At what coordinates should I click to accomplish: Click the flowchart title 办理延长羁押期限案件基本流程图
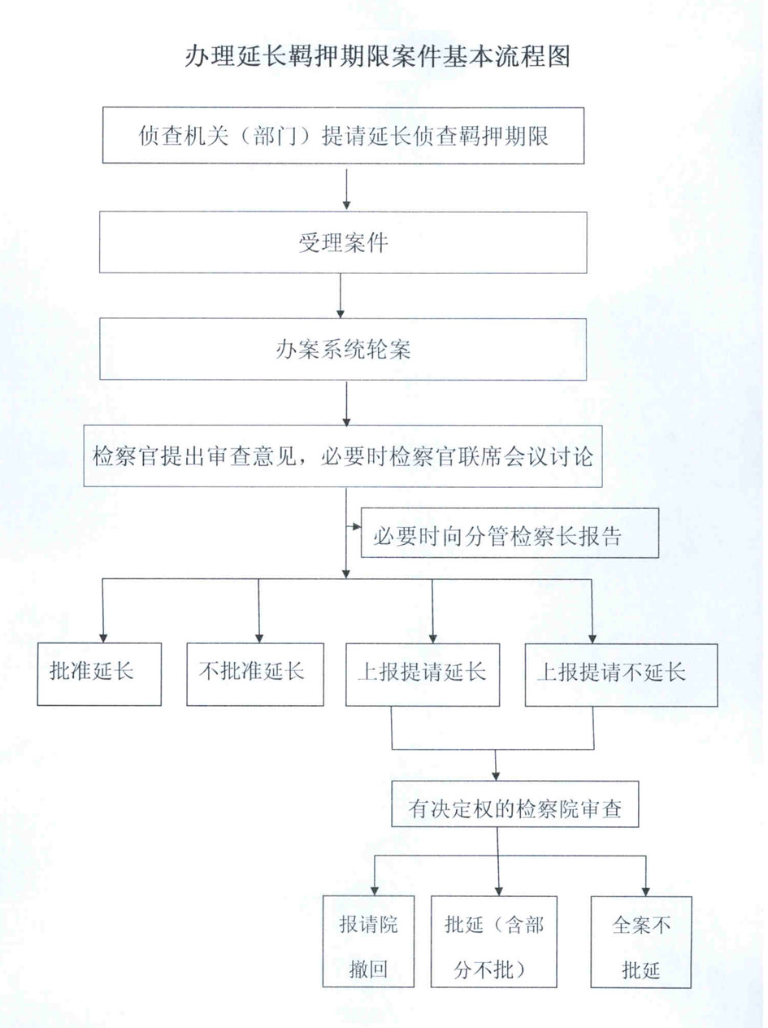(377, 57)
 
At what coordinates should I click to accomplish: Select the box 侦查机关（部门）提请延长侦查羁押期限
(344, 135)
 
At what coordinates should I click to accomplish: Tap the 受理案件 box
(343, 242)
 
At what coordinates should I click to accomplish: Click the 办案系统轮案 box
(343, 349)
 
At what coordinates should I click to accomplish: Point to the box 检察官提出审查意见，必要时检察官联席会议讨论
(343, 456)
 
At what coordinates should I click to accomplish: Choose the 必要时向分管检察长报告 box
(510, 533)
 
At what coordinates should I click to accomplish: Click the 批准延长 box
(99, 674)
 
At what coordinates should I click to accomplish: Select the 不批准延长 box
(255, 674)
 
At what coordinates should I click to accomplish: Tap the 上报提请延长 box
(423, 674)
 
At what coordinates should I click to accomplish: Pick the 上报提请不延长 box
(621, 675)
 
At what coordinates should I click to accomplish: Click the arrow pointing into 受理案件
(346, 189)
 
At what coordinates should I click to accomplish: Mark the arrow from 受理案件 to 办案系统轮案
(341, 296)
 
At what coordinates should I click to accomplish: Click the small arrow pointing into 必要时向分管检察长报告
(354, 527)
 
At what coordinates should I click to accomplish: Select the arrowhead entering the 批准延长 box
(103, 638)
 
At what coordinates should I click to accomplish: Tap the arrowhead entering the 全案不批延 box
(646, 891)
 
